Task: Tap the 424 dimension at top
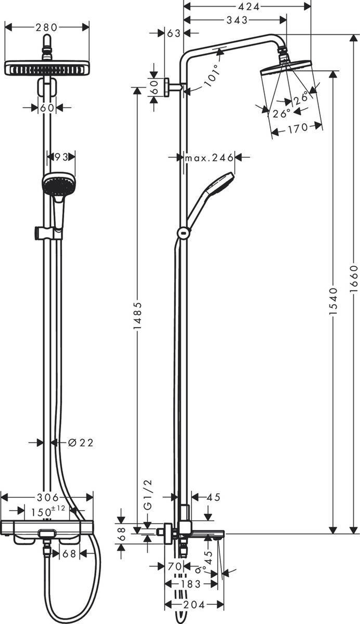click(248, 6)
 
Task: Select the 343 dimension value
click(237, 20)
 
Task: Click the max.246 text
click(209, 158)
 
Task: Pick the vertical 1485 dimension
click(138, 315)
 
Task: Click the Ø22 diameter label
click(81, 442)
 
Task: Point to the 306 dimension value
click(48, 498)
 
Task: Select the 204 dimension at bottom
click(194, 604)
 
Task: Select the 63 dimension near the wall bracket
click(174, 33)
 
